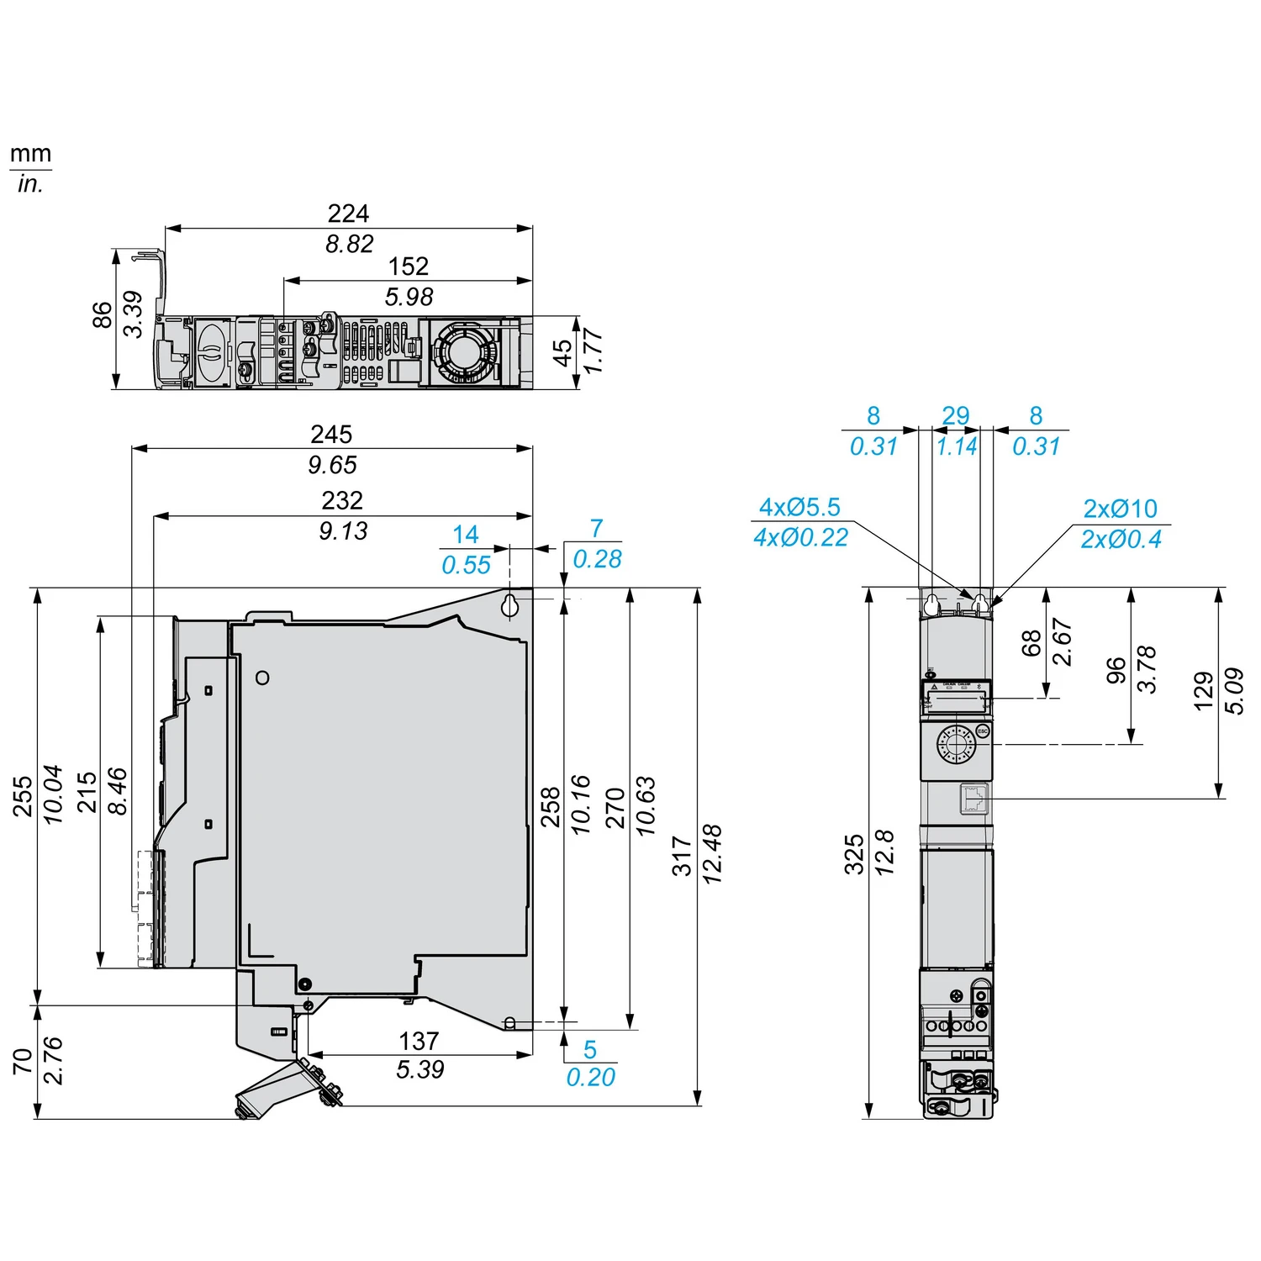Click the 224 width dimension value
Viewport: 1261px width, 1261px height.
pos(348,214)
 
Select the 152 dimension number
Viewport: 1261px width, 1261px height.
pos(409,266)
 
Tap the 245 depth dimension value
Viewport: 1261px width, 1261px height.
pos(331,435)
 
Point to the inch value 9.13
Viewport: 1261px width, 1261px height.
pos(343,531)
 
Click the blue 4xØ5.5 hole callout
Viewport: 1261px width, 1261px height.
pos(799,507)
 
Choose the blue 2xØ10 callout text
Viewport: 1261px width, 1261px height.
pos(1120,509)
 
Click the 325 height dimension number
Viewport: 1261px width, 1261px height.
pos(854,854)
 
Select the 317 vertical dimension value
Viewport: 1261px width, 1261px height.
pos(682,856)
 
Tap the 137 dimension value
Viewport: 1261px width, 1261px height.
pos(419,1041)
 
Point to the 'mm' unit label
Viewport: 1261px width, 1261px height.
pos(30,154)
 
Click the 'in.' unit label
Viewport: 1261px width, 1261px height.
pos(30,183)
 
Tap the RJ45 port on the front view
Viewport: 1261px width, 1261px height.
pos(975,799)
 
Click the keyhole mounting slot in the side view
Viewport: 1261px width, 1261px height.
pos(510,605)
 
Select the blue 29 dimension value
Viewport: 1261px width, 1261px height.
pos(956,416)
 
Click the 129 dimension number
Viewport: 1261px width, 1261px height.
pos(1204,691)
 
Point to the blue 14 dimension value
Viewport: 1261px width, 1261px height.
pos(466,535)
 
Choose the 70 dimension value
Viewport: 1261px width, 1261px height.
pos(23,1061)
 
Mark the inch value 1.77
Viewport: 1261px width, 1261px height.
pos(593,351)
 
